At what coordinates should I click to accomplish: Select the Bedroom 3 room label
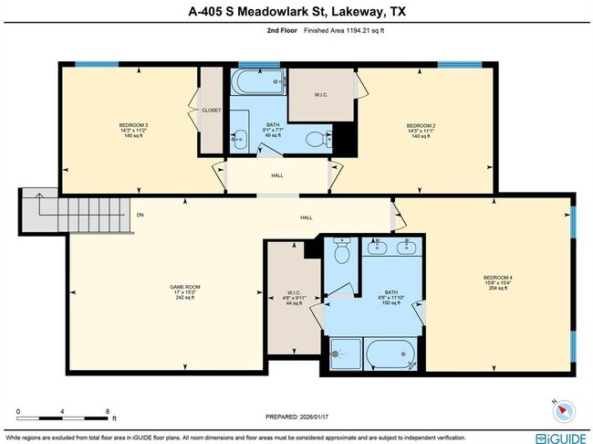pyautogui.click(x=133, y=125)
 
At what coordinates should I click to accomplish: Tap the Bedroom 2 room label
pyautogui.click(x=421, y=125)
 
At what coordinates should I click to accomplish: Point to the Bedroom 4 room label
pyautogui.click(x=497, y=278)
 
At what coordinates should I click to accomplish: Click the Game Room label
pyautogui.click(x=185, y=287)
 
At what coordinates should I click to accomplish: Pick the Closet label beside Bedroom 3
pyautogui.click(x=212, y=111)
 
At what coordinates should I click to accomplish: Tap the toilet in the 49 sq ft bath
pyautogui.click(x=315, y=139)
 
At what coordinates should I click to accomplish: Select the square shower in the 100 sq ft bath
pyautogui.click(x=343, y=353)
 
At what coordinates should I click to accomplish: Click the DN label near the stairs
pyautogui.click(x=140, y=216)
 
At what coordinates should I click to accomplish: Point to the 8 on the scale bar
pyautogui.click(x=107, y=412)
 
